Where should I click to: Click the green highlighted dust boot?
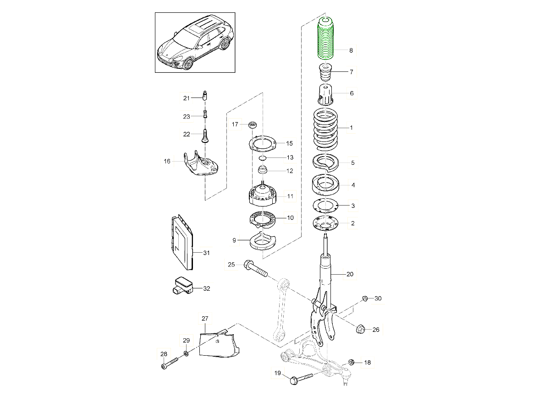pyautogui.click(x=326, y=38)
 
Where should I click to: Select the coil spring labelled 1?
pyautogui.click(x=325, y=130)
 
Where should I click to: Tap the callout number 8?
pyautogui.click(x=351, y=50)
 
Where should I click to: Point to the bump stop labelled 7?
pyautogui.click(x=325, y=72)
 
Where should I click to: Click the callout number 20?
pyautogui.click(x=350, y=274)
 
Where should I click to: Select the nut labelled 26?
pyautogui.click(x=360, y=329)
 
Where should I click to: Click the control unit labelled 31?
pyautogui.click(x=183, y=243)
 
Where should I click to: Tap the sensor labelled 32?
pyautogui.click(x=183, y=285)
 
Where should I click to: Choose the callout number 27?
pyautogui.click(x=205, y=319)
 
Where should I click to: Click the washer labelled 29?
pyautogui.click(x=186, y=353)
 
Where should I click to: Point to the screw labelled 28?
pyautogui.click(x=170, y=363)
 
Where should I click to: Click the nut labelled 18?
pyautogui.click(x=351, y=362)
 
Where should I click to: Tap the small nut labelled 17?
pyautogui.click(x=252, y=125)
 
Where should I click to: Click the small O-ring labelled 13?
pyautogui.click(x=262, y=158)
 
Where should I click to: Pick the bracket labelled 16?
pyautogui.click(x=201, y=164)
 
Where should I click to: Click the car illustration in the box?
pyautogui.click(x=195, y=43)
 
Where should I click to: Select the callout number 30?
pyautogui.click(x=378, y=298)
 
